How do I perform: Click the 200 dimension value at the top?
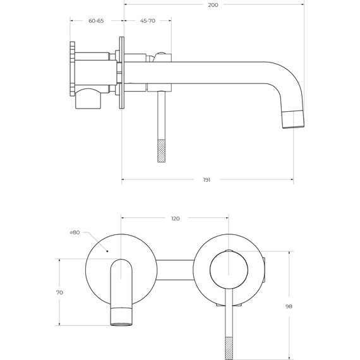click(213, 5)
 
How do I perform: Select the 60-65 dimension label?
click(96, 21)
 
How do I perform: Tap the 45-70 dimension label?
click(148, 21)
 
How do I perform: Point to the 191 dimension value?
click(207, 180)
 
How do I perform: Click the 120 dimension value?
click(175, 219)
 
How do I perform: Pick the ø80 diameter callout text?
click(75, 232)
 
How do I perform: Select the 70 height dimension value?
click(59, 292)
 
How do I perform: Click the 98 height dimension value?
click(289, 306)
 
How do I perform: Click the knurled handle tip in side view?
click(162, 150)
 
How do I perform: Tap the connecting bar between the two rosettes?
click(174, 270)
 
